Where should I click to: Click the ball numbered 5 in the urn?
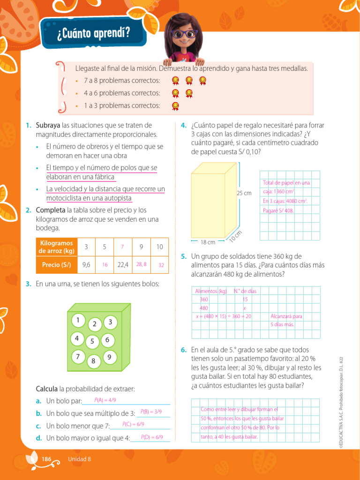pyautogui.click(x=93, y=341)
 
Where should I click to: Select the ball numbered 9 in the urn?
pyautogui.click(x=109, y=357)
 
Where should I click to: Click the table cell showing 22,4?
pyautogui.click(x=123, y=264)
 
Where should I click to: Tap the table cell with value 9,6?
pyautogui.click(x=86, y=264)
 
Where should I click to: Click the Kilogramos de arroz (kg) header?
pyautogui.click(x=56, y=247)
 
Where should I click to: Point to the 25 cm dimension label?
pyautogui.click(x=244, y=193)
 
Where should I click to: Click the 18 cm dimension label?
pyautogui.click(x=208, y=242)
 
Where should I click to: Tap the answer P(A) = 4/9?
pyautogui.click(x=105, y=400)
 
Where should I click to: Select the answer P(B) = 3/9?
pyautogui.click(x=151, y=412)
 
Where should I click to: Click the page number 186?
pyautogui.click(x=46, y=459)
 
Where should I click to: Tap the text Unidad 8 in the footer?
pyautogui.click(x=79, y=459)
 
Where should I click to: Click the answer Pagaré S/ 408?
pyautogui.click(x=278, y=210)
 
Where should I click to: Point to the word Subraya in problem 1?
pyautogui.click(x=48, y=125)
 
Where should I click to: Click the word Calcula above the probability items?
pyautogui.click(x=47, y=389)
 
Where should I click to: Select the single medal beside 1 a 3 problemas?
pyautogui.click(x=175, y=105)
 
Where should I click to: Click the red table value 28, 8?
pyautogui.click(x=141, y=264)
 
